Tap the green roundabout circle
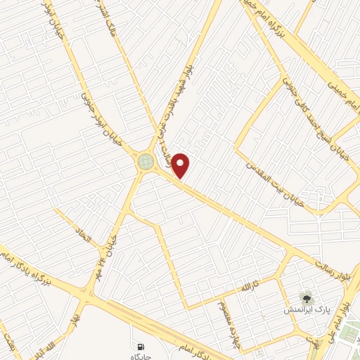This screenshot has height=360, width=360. pyautogui.click(x=146, y=162)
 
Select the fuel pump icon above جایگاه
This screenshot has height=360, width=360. pyautogui.click(x=141, y=347)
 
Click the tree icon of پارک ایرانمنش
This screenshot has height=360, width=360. pyautogui.click(x=304, y=298)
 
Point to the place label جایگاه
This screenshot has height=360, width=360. pyautogui.click(x=142, y=356)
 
